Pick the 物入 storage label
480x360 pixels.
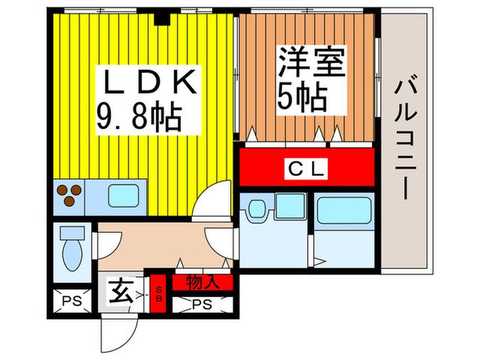click(202, 281)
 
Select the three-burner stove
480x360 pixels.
click(69, 195)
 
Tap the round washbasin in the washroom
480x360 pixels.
click(257, 208)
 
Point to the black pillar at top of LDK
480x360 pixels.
click(161, 17)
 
